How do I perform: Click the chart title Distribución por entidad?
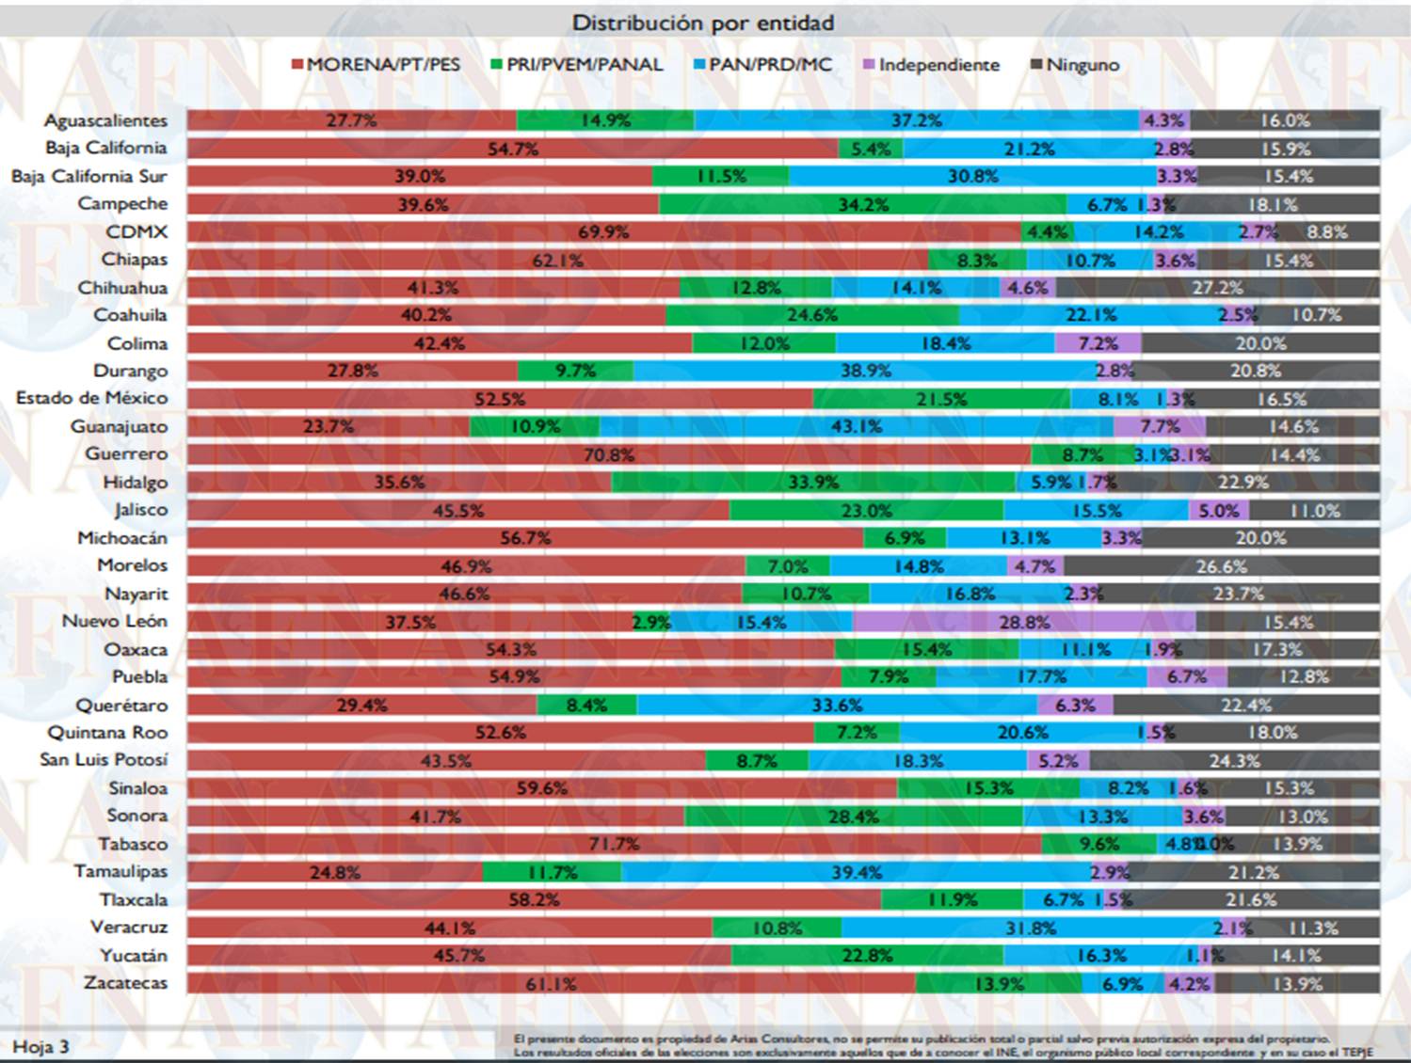(x=703, y=23)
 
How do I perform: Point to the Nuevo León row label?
(x=114, y=621)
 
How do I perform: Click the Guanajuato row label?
(x=119, y=426)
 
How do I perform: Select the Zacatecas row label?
(x=125, y=983)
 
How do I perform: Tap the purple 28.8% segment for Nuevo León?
(x=1024, y=622)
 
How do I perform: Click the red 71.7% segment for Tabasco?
(x=614, y=844)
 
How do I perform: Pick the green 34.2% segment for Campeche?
(x=862, y=204)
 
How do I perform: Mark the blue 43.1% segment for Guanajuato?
(x=856, y=426)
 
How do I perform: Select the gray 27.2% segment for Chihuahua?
(x=1217, y=288)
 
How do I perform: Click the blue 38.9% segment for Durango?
(x=865, y=371)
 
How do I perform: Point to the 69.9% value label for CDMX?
(x=603, y=232)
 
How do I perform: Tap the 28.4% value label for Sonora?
(x=854, y=817)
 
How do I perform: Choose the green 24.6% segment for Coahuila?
(x=812, y=315)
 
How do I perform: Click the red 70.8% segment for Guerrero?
(x=608, y=455)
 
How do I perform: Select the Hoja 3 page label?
(x=40, y=1046)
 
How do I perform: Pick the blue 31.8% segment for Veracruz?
(x=1031, y=928)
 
